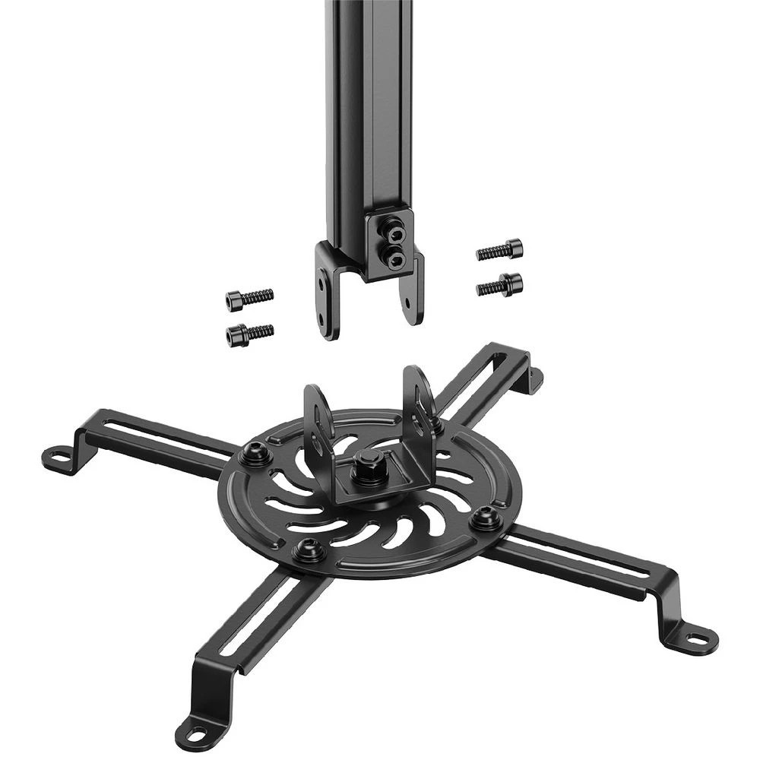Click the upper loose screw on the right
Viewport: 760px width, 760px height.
[500, 249]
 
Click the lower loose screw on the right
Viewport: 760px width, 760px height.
[499, 286]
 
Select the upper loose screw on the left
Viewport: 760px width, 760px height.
[249, 299]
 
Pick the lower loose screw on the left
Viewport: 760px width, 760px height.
[249, 333]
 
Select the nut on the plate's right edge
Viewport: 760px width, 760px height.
[484, 519]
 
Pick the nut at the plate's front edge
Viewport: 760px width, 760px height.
[307, 549]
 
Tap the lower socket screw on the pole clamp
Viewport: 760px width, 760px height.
[395, 260]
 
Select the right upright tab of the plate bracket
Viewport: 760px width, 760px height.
[420, 395]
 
